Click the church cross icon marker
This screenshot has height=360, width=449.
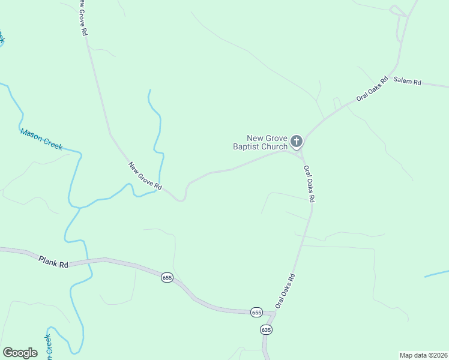(x=296, y=142)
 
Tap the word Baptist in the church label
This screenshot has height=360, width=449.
(x=250, y=146)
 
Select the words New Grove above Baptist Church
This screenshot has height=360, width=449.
(x=267, y=138)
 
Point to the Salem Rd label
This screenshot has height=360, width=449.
(x=407, y=82)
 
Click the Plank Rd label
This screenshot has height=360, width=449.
(x=53, y=262)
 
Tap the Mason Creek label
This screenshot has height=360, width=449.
(x=41, y=139)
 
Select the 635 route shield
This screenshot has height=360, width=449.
(x=267, y=330)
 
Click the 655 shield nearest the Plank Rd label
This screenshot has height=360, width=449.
(x=167, y=278)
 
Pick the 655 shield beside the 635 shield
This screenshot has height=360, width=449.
(x=257, y=312)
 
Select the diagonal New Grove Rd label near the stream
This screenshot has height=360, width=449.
(x=145, y=176)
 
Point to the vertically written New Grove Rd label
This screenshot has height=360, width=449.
(x=83, y=19)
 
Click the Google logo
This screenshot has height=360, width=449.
(x=20, y=353)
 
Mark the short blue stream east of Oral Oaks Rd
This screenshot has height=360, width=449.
(x=436, y=275)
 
